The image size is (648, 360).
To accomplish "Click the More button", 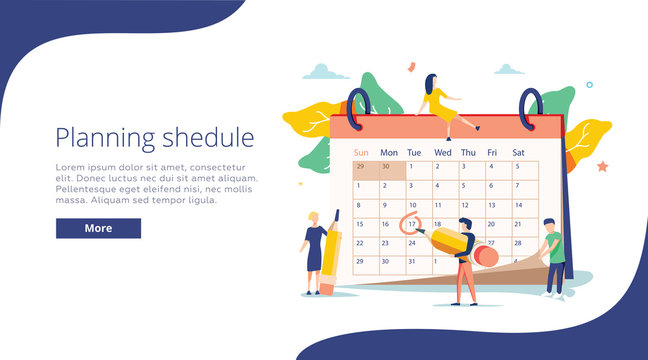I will pyautogui.click(x=98, y=228).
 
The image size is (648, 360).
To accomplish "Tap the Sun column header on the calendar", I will pyautogui.click(x=361, y=152).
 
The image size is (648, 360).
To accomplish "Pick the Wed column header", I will pyautogui.click(x=442, y=152).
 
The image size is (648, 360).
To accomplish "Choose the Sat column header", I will pyautogui.click(x=518, y=152).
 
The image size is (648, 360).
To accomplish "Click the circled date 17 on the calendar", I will pyautogui.click(x=410, y=224).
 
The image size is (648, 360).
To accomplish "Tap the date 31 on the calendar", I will pyautogui.click(x=412, y=261).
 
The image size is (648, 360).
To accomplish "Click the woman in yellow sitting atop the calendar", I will pyautogui.click(x=440, y=104).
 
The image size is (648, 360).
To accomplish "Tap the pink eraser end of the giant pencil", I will pyautogui.click(x=487, y=256).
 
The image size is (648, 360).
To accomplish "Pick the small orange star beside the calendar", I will pyautogui.click(x=603, y=164).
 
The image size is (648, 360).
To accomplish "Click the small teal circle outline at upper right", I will pyautogui.click(x=590, y=85).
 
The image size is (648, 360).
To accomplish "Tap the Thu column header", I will pyautogui.click(x=468, y=152).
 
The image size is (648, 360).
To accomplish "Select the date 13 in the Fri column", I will pyautogui.click(x=491, y=206).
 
